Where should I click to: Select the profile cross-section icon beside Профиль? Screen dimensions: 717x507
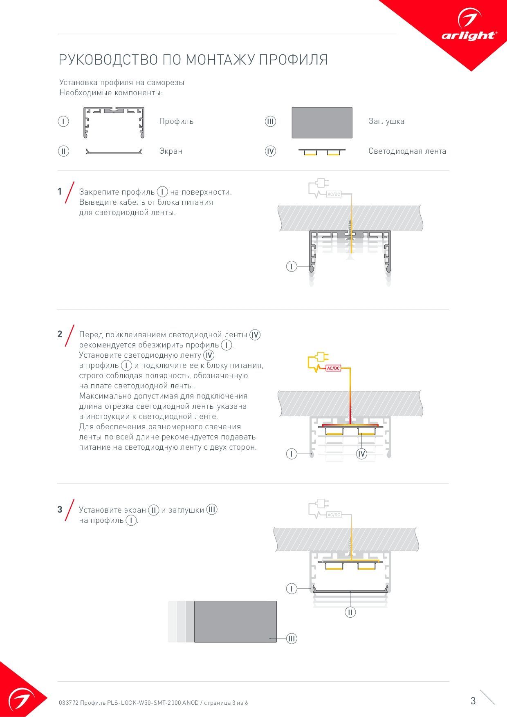click(x=114, y=122)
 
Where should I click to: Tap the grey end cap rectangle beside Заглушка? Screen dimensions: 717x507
click(x=322, y=122)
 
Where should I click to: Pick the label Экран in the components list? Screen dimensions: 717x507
click(x=170, y=151)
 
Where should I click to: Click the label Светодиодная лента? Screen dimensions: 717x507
click(x=407, y=151)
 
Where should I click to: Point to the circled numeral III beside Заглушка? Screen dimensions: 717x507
click(x=270, y=121)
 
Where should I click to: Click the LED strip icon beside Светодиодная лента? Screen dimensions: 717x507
click(x=322, y=152)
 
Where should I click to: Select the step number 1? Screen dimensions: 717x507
click(x=60, y=191)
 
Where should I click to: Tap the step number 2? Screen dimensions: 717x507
click(x=60, y=334)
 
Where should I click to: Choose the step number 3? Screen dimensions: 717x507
click(x=60, y=509)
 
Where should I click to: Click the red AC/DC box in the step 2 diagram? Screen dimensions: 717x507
click(x=333, y=368)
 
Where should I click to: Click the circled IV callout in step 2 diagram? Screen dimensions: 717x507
click(x=361, y=454)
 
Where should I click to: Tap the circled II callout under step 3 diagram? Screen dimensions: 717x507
click(x=350, y=612)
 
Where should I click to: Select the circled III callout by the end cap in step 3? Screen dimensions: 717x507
click(x=291, y=639)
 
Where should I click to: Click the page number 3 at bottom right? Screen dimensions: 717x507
click(x=473, y=701)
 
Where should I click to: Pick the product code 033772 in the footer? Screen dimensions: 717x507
click(x=68, y=703)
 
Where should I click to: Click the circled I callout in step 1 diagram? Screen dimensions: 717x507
click(x=291, y=267)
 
